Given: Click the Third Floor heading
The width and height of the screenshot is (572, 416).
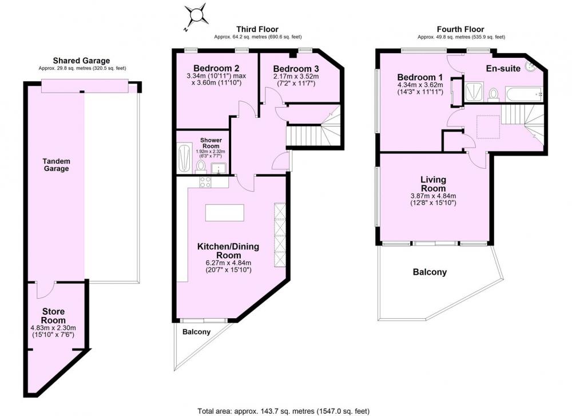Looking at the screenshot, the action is (x=257, y=29).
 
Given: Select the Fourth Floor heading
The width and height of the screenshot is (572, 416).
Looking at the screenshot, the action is (x=460, y=29).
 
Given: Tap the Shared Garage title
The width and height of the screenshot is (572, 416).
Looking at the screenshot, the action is (x=81, y=61).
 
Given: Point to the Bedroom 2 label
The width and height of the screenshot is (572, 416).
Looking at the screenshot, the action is (x=216, y=68).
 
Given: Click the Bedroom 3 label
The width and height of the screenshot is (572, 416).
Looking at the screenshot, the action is (x=296, y=69).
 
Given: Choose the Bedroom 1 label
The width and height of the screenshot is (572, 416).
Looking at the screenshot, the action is (x=420, y=77).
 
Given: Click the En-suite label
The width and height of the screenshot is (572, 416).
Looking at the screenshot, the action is (x=503, y=68).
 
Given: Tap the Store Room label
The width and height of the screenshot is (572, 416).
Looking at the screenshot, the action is (x=53, y=316).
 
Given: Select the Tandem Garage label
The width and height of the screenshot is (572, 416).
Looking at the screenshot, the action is (x=56, y=165).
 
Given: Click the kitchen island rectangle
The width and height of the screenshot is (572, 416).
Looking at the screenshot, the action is (x=225, y=213).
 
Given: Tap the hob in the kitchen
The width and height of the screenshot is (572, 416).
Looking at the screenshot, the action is (x=205, y=182).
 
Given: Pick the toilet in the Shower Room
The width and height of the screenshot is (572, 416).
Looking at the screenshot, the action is (x=200, y=167).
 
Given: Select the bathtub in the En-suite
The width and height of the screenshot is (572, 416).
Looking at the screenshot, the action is (x=525, y=94).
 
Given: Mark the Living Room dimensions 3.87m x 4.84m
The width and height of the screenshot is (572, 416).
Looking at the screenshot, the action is (x=433, y=196).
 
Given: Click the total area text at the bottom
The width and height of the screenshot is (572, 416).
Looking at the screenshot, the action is (x=284, y=411).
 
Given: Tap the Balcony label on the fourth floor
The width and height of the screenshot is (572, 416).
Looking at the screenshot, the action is (x=430, y=272).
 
